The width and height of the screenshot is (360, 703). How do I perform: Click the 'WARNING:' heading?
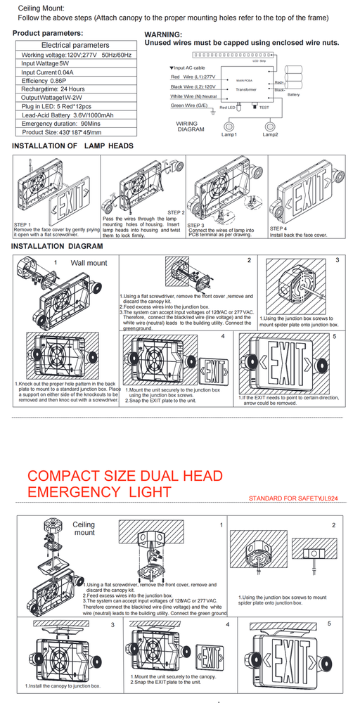pos(162,34)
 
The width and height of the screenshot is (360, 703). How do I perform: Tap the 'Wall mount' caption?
pos(89,263)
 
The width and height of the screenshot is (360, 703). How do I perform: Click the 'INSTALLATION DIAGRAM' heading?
pos(58,247)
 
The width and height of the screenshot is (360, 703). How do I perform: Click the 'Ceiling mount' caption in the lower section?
pos(84,529)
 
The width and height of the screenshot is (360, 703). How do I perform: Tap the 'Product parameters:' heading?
pos(48,34)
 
